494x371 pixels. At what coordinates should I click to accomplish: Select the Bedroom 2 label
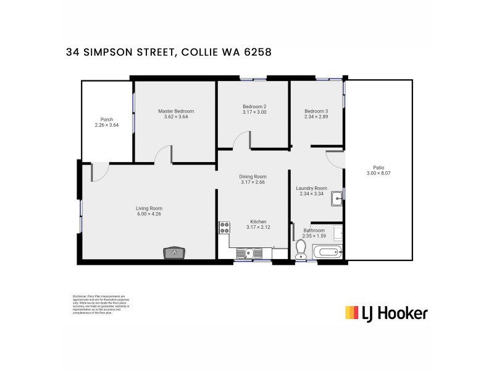click(254, 106)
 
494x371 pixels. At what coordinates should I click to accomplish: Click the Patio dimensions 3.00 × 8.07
click(379, 174)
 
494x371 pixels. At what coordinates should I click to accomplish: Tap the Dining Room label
click(253, 176)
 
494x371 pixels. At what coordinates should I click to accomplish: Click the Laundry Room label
click(311, 188)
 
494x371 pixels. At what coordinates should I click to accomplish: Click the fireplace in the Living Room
click(174, 252)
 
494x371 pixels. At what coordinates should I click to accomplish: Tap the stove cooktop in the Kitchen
click(224, 227)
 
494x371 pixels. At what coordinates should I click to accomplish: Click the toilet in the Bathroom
click(301, 249)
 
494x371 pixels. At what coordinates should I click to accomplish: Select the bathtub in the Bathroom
click(326, 252)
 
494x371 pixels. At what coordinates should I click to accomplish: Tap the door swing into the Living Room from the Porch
click(99, 173)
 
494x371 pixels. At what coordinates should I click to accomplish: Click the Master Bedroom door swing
click(163, 155)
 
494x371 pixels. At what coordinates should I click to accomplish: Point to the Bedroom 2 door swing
click(241, 140)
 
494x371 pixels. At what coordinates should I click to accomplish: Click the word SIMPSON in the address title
click(117, 53)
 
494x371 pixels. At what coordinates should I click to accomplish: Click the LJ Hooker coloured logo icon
click(351, 313)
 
